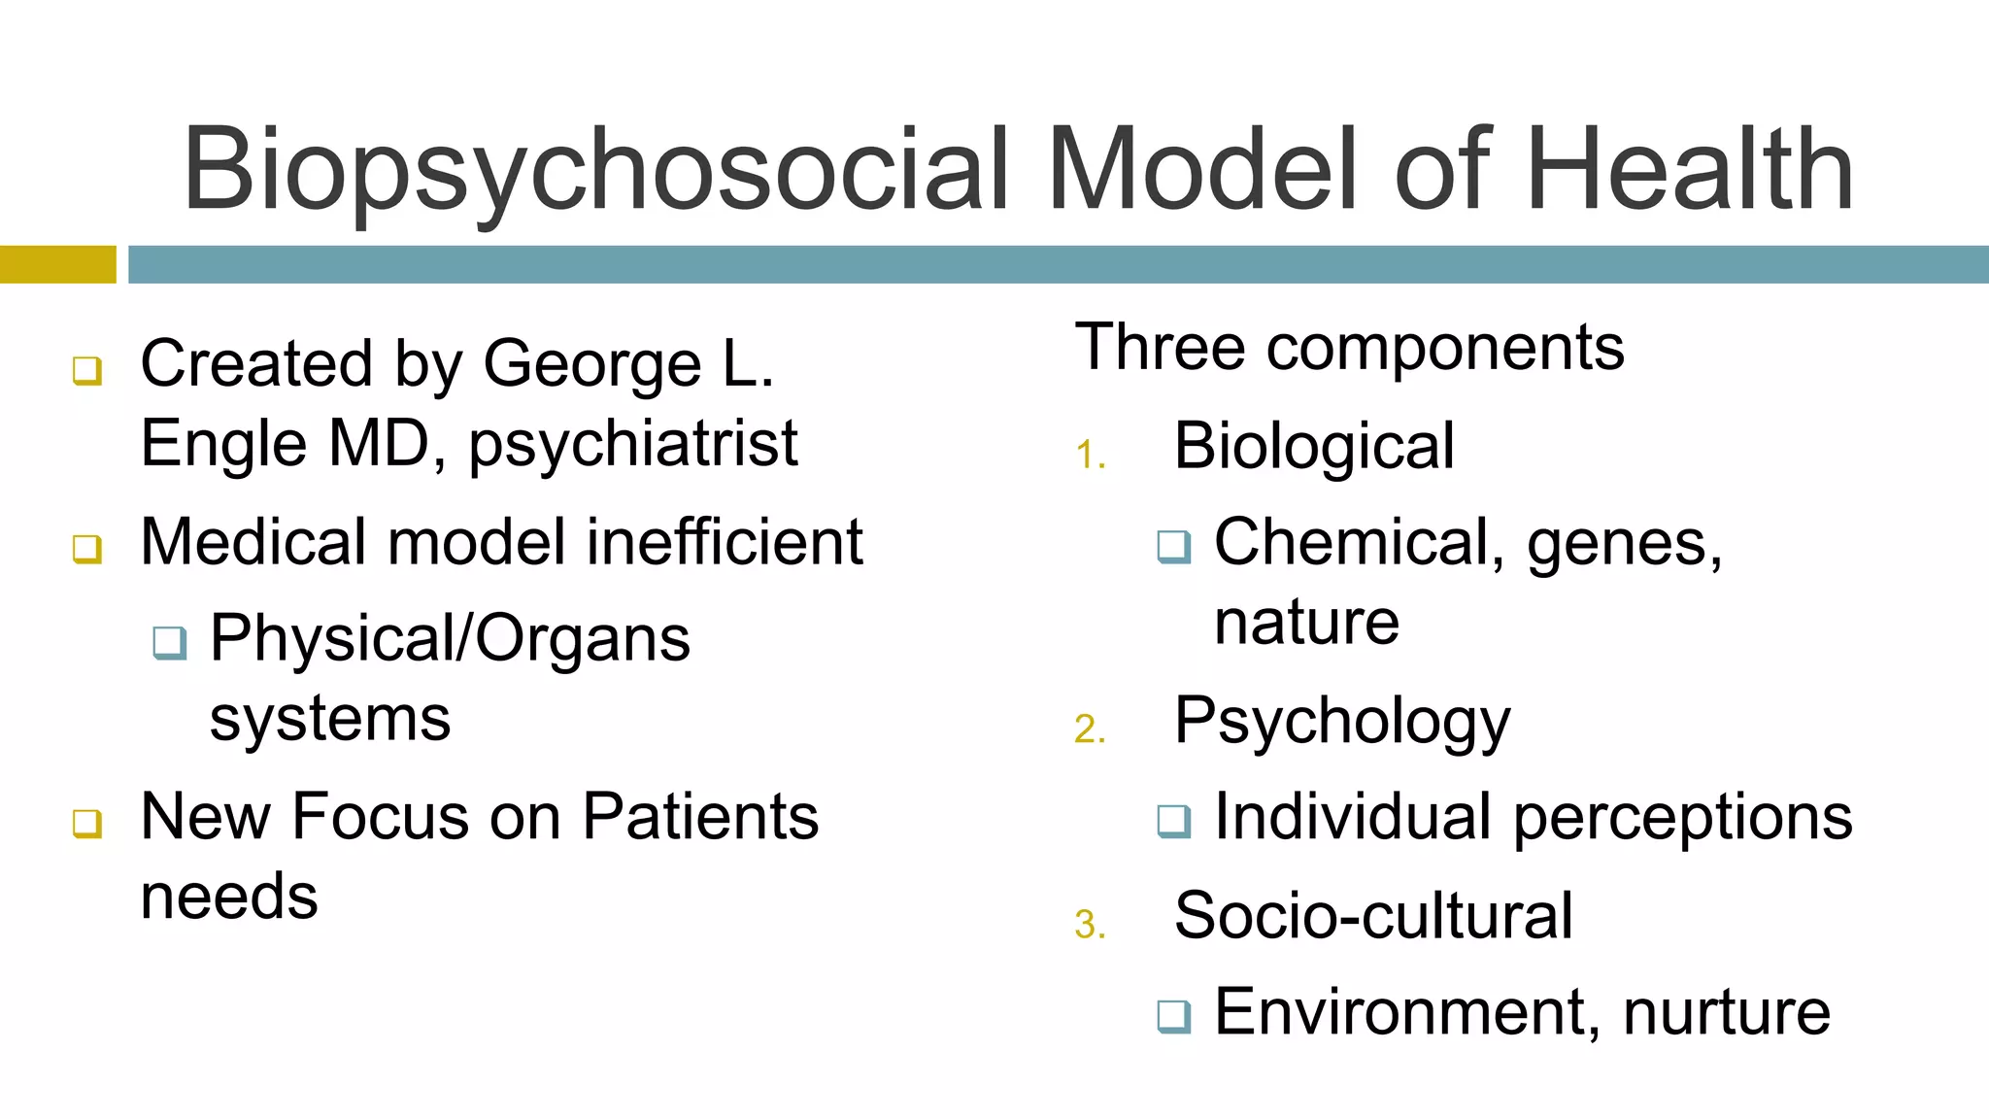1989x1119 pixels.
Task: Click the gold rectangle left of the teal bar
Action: click(x=57, y=264)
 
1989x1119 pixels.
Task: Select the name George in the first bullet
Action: click(x=592, y=365)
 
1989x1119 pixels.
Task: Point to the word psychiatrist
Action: click(x=633, y=445)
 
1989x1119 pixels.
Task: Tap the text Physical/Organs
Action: click(x=450, y=639)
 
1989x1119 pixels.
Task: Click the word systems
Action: click(x=330, y=719)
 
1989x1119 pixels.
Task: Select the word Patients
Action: click(x=700, y=816)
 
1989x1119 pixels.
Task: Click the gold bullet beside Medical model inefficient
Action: click(x=87, y=548)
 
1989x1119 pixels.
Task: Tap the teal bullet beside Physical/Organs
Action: click(x=170, y=642)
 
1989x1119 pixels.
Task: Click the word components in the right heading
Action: click(x=1445, y=348)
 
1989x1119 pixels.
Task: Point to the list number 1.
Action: click(x=1090, y=456)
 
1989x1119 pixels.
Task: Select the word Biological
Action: click(x=1314, y=447)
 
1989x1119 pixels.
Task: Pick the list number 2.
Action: click(x=1090, y=729)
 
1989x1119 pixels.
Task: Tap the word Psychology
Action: click(x=1342, y=722)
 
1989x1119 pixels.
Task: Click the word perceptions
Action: click(x=1683, y=818)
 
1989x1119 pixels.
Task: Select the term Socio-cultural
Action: click(x=1373, y=915)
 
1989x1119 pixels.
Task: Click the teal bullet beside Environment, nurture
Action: click(x=1174, y=1016)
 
